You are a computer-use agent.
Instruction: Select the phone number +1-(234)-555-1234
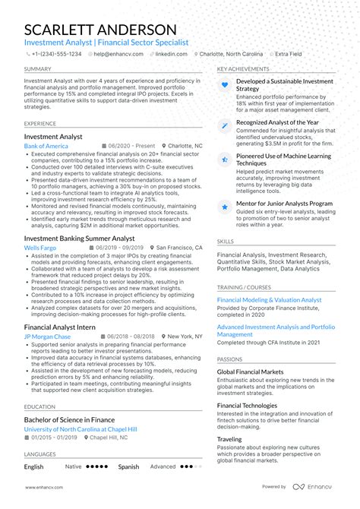pos(55,54)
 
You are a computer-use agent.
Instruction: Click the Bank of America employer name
pos(46,145)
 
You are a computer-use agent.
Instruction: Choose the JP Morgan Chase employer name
pos(47,336)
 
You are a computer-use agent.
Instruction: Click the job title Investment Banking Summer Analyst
pos(79,238)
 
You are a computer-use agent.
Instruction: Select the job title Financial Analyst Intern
pos(59,326)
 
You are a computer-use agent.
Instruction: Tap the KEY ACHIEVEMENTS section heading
pos(242,69)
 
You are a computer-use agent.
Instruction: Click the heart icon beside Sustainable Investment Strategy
pos(225,85)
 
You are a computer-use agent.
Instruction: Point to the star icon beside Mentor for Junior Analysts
pos(225,206)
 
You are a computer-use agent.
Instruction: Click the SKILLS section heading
pos(226,242)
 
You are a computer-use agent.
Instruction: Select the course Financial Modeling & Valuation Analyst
pos(269,300)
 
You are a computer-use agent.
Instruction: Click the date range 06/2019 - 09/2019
pos(122,248)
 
